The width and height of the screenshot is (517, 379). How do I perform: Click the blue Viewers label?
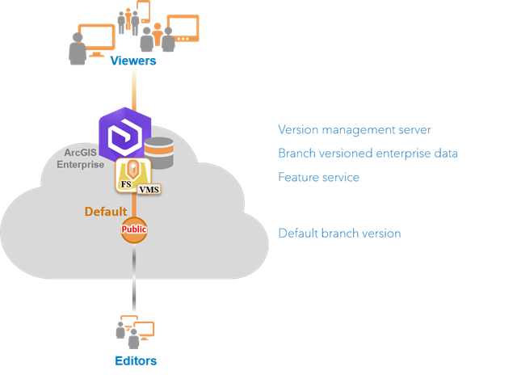(x=132, y=61)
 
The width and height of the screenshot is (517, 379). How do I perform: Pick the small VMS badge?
(x=149, y=189)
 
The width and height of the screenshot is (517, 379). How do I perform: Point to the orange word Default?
(x=107, y=212)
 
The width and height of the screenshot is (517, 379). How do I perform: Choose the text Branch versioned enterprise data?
(x=368, y=153)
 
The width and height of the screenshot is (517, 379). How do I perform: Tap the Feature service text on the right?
(x=318, y=176)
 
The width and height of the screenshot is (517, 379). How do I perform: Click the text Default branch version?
(x=339, y=233)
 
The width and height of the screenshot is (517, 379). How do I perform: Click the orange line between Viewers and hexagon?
(x=134, y=89)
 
